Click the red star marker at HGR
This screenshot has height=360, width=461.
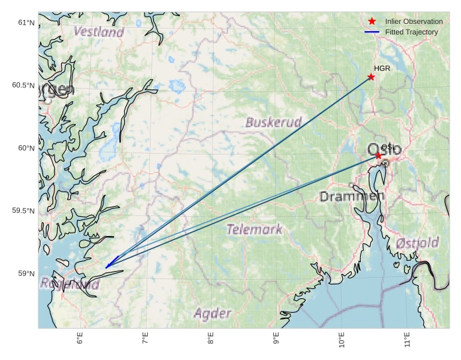point(371,77)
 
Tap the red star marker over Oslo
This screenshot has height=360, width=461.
point(378,155)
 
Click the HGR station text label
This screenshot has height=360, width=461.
point(382,68)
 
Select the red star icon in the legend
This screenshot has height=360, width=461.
point(371,21)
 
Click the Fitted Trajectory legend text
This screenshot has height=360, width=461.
point(411,32)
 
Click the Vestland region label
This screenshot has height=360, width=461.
point(99,31)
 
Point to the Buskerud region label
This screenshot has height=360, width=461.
point(273,122)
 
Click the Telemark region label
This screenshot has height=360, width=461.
point(254,230)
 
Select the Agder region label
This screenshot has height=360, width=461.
point(212,313)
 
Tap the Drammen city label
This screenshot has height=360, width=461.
point(352,196)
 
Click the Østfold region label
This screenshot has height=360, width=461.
point(417,243)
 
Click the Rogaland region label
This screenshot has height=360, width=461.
point(70,284)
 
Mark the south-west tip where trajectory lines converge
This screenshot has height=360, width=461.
point(106,267)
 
